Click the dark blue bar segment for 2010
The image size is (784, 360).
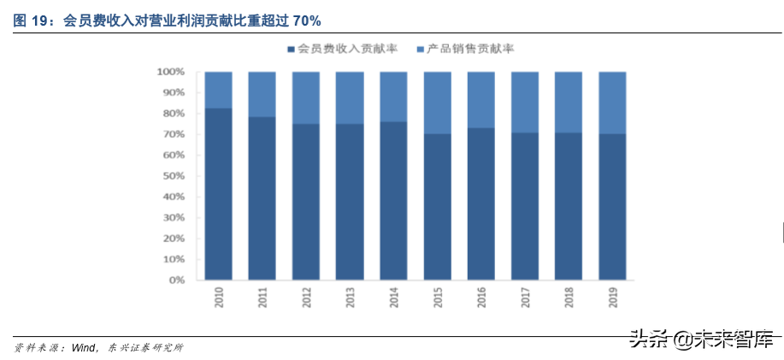pyautogui.click(x=219, y=194)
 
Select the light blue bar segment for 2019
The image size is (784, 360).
pyautogui.click(x=612, y=103)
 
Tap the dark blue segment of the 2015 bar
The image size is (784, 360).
pyautogui.click(x=437, y=206)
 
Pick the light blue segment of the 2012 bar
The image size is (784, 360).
pyautogui.click(x=306, y=97)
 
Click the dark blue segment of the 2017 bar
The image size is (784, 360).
pyautogui.click(x=525, y=206)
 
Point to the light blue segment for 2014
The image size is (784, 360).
pyautogui.click(x=393, y=97)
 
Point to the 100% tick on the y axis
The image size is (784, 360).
pyautogui.click(x=172, y=72)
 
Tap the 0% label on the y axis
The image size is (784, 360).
pyautogui.click(x=177, y=280)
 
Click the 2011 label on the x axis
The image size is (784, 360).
pyautogui.click(x=263, y=298)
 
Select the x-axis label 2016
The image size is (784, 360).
pyautogui.click(x=481, y=298)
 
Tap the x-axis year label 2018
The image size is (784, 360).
pyautogui.click(x=569, y=298)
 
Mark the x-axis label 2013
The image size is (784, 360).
pyautogui.click(x=351, y=298)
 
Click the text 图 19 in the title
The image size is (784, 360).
pyautogui.click(x=31, y=20)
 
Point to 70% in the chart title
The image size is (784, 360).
pyautogui.click(x=308, y=20)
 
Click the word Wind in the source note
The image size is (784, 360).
pyautogui.click(x=83, y=348)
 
